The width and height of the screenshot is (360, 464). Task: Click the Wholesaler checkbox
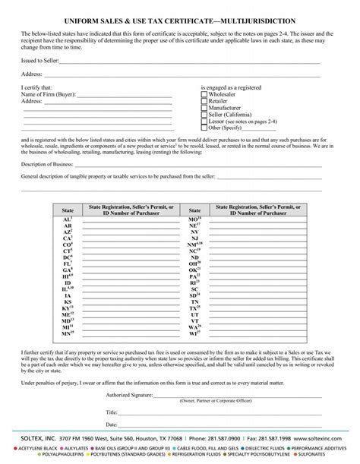click(204, 96)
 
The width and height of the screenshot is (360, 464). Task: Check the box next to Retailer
click(204, 102)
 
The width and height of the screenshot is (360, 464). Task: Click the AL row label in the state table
click(68, 219)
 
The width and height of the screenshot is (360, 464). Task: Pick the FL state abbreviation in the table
click(68, 263)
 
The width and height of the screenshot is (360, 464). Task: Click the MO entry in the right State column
click(194, 219)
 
